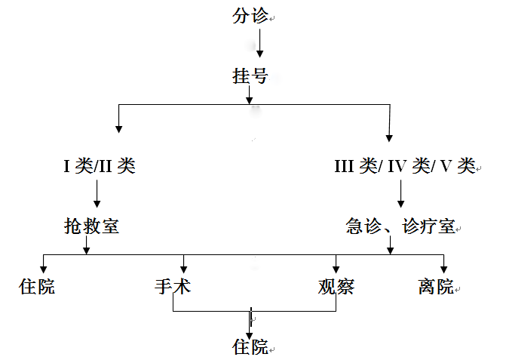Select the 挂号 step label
(250, 76)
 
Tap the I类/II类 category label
(99, 166)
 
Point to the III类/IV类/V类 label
(404, 166)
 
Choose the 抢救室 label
(91, 226)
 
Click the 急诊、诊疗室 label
(400, 226)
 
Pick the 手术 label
(173, 287)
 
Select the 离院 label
(436, 287)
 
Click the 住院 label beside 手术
(37, 287)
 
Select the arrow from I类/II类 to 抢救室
(97, 195)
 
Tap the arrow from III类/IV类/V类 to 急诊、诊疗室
(400, 195)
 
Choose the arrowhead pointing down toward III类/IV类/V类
(389, 137)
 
